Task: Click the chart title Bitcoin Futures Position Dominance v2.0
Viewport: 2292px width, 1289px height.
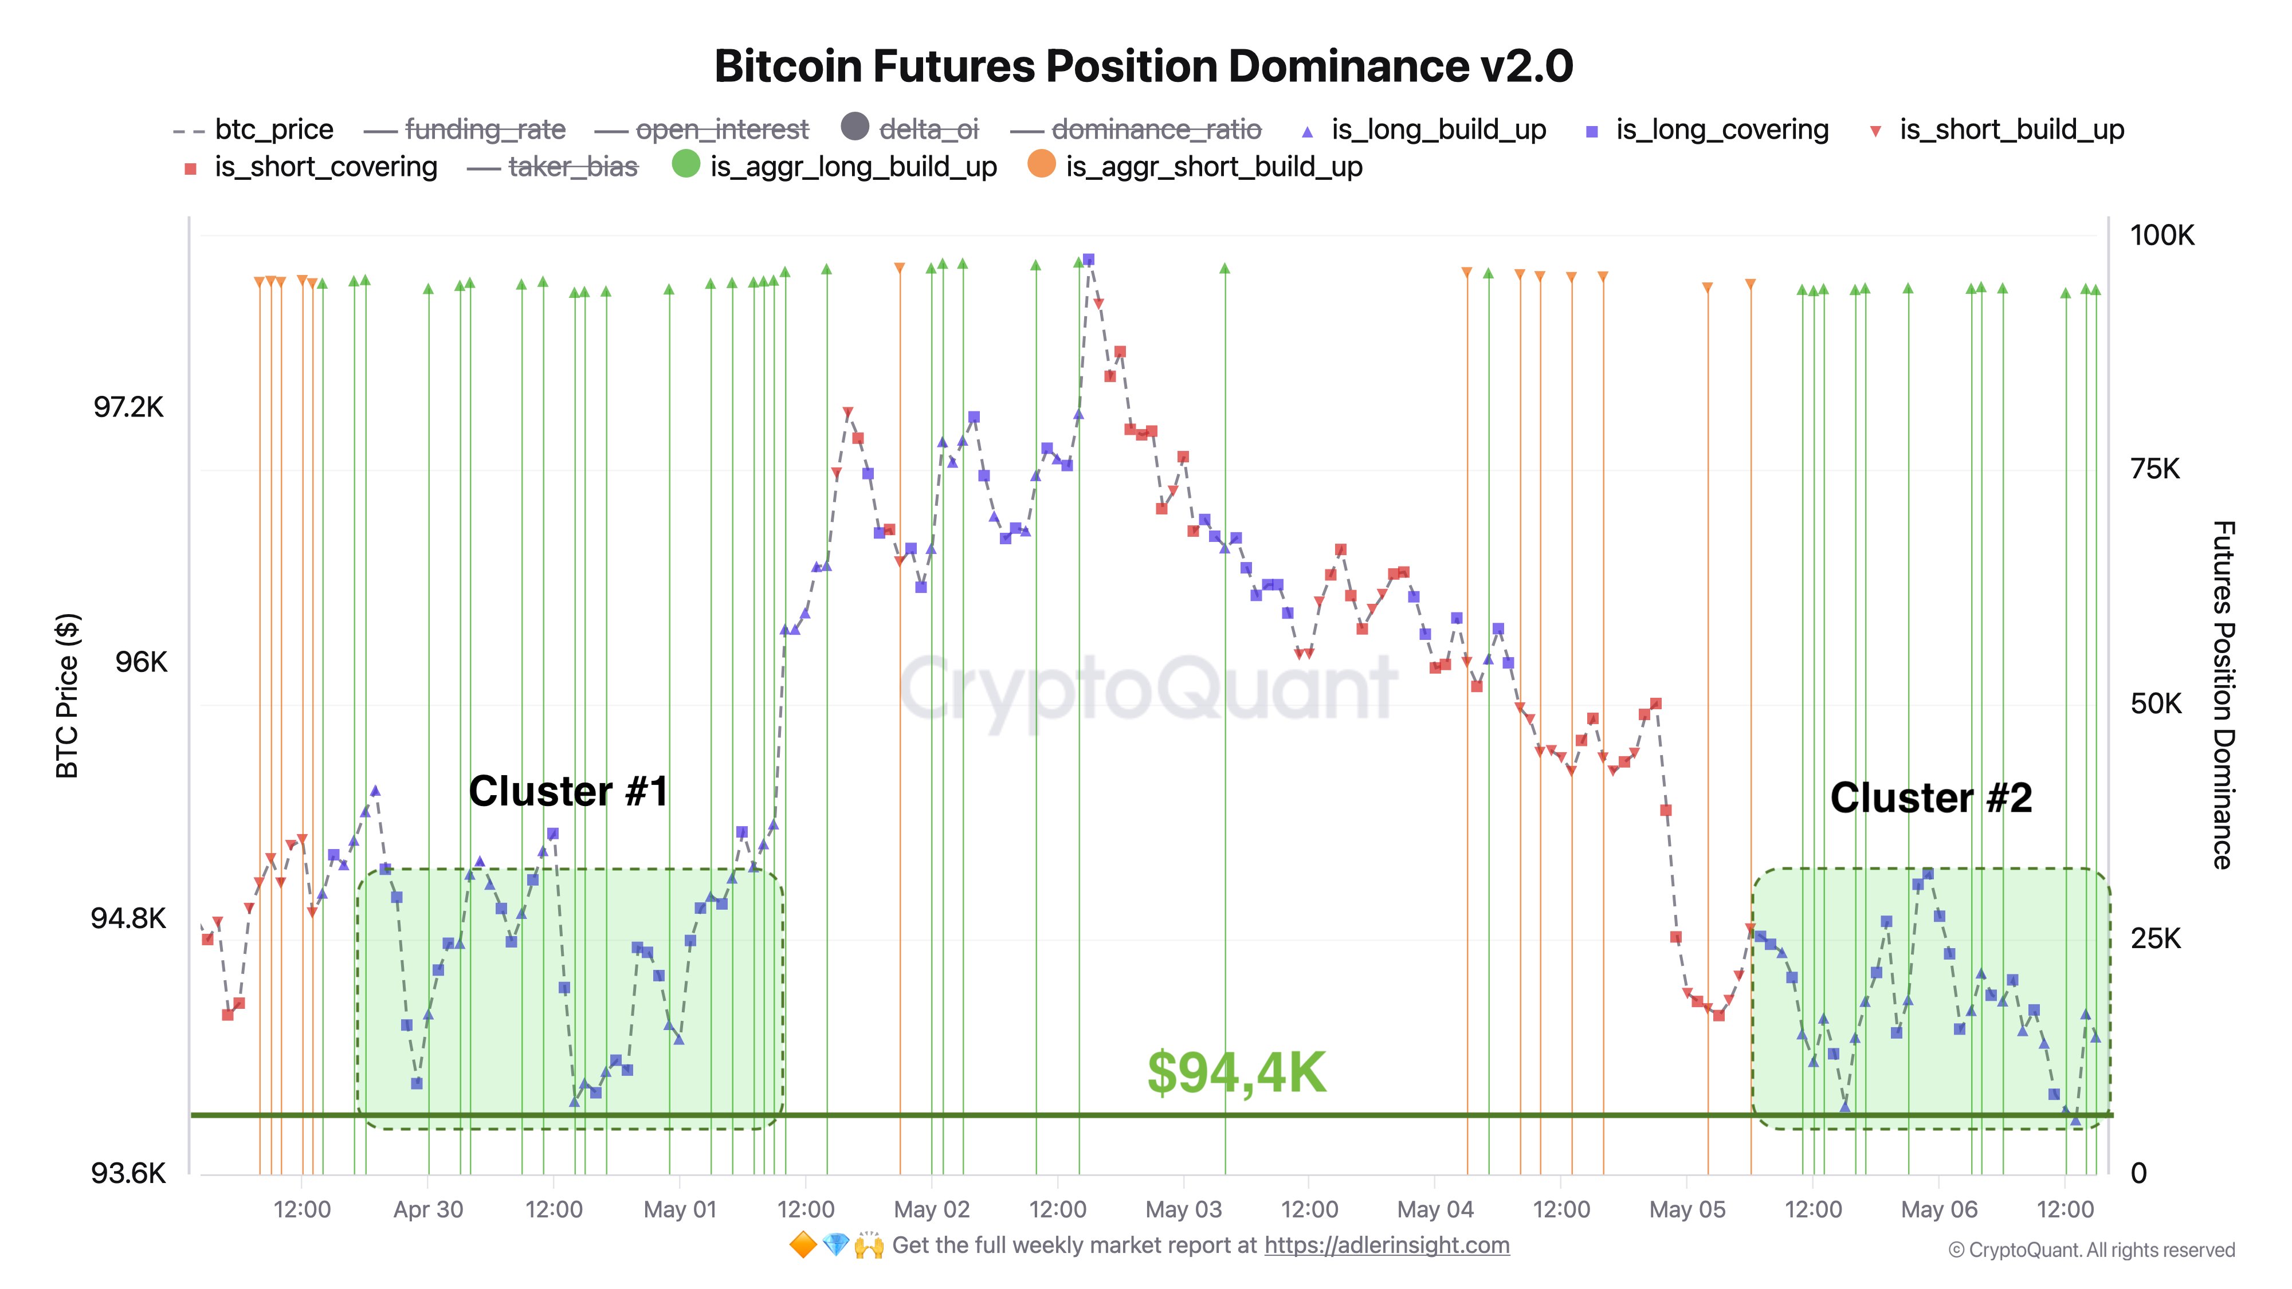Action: [1143, 66]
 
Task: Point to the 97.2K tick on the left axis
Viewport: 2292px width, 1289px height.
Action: [129, 407]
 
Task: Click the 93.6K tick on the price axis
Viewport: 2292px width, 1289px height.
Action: [128, 1173]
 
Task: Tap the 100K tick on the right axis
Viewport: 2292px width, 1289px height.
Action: [2161, 235]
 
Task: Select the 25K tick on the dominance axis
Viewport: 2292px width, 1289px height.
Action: [2155, 938]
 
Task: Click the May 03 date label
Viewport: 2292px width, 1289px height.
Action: [1183, 1210]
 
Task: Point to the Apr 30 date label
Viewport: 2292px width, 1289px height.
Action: [428, 1210]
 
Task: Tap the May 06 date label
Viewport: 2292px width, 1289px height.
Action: [1939, 1210]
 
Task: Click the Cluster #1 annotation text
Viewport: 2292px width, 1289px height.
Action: [568, 791]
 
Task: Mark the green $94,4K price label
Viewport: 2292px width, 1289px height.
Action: [1236, 1073]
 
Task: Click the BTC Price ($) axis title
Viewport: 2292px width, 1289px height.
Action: [68, 695]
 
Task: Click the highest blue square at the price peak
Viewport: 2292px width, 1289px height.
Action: [1088, 260]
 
